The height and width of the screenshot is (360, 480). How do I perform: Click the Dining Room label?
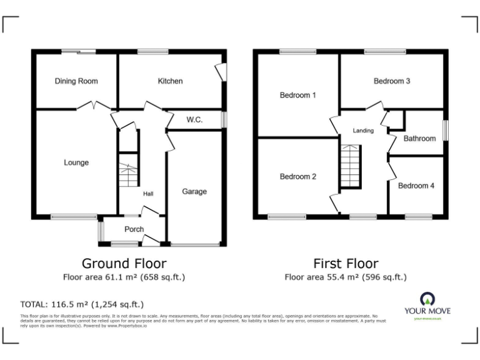coord(76,81)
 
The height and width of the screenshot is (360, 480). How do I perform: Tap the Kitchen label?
coord(170,81)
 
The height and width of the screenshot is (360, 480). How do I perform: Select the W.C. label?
coord(194,119)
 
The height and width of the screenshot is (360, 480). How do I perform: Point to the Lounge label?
coord(76,163)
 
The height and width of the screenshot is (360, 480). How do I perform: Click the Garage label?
coord(194,192)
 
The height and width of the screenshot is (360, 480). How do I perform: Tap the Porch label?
coord(134,229)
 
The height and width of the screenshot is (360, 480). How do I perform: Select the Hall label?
coord(148,194)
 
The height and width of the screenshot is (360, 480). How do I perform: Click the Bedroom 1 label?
coord(297,96)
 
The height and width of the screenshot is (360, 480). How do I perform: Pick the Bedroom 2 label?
coord(297,177)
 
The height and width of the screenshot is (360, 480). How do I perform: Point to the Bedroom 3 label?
coord(392,81)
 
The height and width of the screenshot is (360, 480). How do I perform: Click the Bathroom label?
coord(419,139)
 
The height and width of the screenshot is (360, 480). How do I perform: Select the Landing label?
coord(363,131)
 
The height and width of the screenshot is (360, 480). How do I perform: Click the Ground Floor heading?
coord(124,263)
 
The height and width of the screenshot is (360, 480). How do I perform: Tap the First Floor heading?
coord(346,263)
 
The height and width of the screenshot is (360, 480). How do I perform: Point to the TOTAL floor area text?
coord(82,304)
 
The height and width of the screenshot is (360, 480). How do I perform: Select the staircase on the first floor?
coord(351,166)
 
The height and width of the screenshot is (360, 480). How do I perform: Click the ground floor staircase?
coord(128,170)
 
